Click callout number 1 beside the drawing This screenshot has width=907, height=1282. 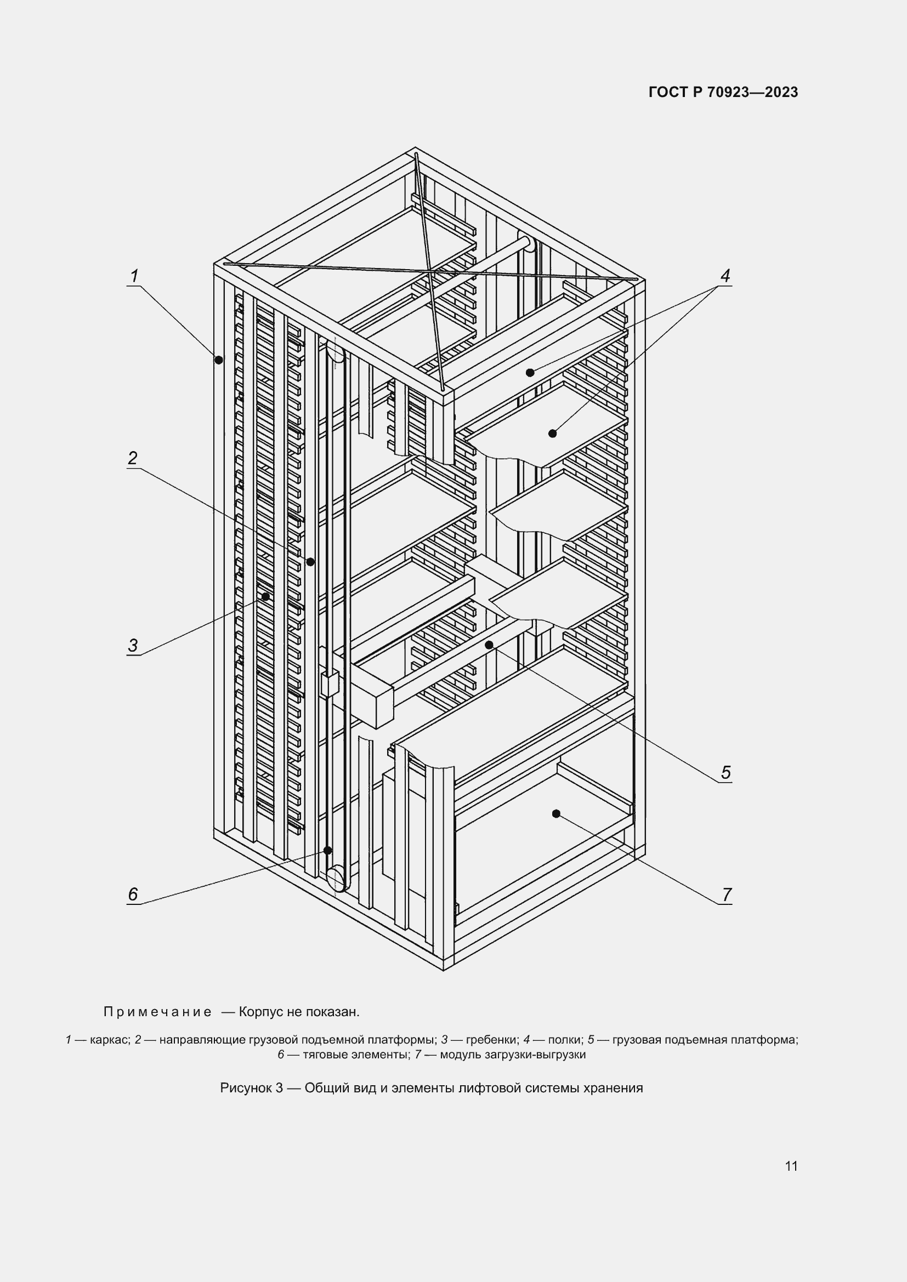coord(134,276)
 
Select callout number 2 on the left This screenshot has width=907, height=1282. coord(132,458)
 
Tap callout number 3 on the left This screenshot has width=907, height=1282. coord(132,646)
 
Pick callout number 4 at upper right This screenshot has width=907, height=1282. coord(725,276)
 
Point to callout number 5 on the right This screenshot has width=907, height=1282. coord(725,773)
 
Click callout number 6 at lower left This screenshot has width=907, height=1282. coord(132,894)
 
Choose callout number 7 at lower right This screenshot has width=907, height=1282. coord(726,894)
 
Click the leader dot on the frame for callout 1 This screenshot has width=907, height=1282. coord(219,360)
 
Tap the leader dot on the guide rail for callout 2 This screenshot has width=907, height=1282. coord(310,562)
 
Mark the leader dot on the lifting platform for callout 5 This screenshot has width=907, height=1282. coord(489,645)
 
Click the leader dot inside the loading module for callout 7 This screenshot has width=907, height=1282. coord(555,813)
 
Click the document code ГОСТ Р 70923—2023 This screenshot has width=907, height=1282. coord(723,92)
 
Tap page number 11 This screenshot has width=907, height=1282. coord(791,1166)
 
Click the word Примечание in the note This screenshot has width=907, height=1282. coord(157,1012)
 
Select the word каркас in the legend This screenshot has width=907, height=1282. coord(109,1040)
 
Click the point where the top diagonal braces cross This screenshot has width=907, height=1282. coord(430,271)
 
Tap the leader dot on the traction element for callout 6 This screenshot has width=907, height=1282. coord(328,851)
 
